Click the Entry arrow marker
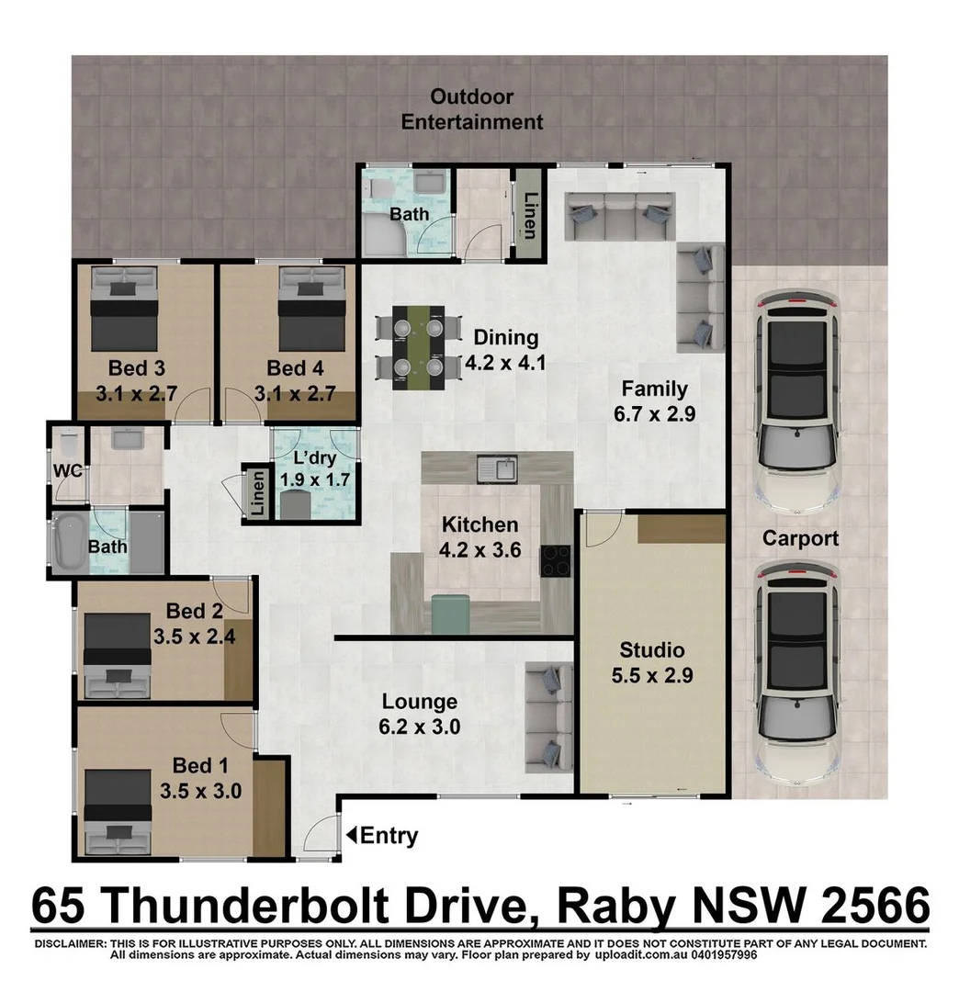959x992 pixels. tap(351, 835)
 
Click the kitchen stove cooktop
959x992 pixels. tap(554, 559)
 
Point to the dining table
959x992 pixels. tap(418, 347)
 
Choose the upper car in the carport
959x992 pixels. tap(796, 402)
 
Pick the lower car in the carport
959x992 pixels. tap(796, 670)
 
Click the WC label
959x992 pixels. tap(67, 472)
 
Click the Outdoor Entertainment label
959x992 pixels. tap(472, 109)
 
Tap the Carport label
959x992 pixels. tap(800, 538)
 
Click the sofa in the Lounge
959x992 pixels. tap(550, 716)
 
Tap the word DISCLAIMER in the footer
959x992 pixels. tap(70, 943)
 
